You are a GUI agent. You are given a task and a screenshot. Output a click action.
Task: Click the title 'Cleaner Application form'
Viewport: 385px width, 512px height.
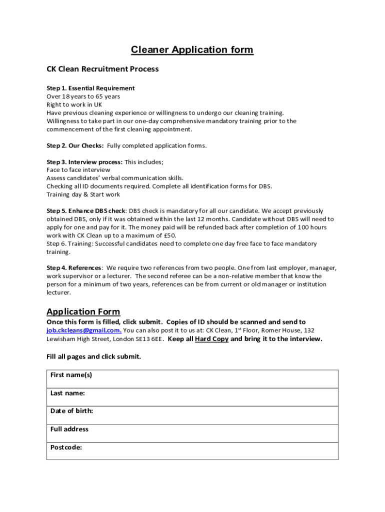tap(192, 49)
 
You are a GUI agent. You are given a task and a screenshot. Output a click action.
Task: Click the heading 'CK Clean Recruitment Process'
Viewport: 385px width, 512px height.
tap(102, 69)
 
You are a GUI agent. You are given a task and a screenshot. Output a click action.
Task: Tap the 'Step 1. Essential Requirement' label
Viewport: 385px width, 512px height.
tap(90, 88)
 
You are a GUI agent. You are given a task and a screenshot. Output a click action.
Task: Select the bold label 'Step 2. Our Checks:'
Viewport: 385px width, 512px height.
tap(75, 145)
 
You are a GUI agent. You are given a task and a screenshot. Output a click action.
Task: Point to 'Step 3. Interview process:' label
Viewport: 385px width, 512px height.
tap(84, 162)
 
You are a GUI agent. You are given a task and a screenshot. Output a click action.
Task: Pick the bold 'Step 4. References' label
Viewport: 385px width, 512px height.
tap(74, 268)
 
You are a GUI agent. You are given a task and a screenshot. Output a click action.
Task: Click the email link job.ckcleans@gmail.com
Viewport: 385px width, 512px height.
tap(84, 330)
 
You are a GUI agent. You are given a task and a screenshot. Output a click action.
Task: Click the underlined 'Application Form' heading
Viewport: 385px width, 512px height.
tap(83, 311)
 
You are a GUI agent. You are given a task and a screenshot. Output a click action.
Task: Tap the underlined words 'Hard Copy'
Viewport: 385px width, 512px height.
tap(211, 339)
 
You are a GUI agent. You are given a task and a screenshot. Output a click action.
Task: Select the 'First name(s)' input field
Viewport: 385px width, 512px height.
tap(192, 379)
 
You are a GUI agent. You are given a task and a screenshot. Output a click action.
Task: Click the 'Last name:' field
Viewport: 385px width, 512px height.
tap(192, 397)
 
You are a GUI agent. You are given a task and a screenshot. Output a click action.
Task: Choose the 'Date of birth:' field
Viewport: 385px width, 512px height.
tap(192, 415)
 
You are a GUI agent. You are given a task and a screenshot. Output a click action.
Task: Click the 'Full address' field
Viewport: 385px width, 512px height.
tap(192, 433)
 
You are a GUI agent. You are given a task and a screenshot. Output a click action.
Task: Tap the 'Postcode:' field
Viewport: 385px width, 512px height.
tap(192, 451)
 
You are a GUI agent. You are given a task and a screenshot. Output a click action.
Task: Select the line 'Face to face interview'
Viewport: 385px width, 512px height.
tap(78, 170)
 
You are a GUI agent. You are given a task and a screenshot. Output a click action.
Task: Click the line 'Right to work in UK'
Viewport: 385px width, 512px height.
tap(74, 104)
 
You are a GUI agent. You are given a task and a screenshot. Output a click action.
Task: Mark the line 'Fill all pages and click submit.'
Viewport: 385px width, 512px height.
tap(94, 356)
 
